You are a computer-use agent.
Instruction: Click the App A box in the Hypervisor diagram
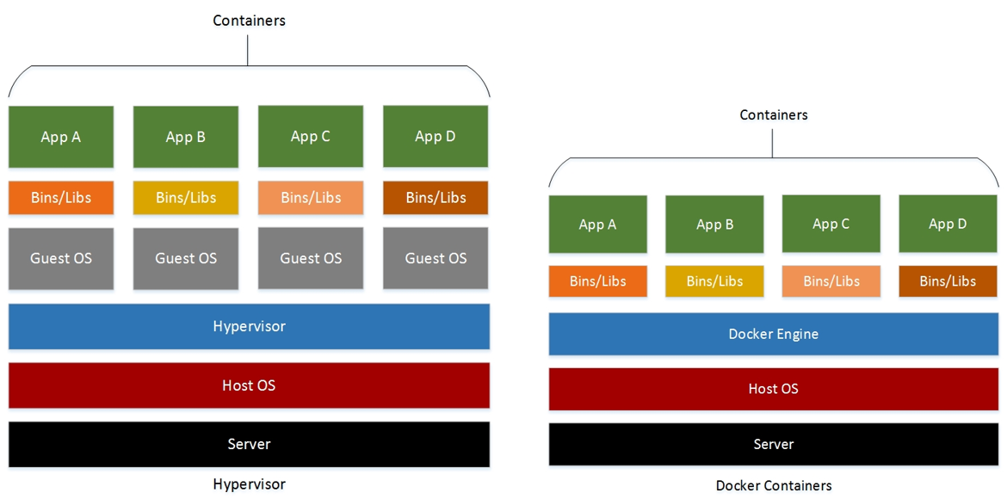(x=61, y=137)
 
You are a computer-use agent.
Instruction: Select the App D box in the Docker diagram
(x=948, y=224)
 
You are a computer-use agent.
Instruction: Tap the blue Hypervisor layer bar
(x=249, y=326)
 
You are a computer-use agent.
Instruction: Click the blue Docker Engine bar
(x=773, y=334)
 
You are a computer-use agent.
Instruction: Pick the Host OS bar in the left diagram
(x=249, y=385)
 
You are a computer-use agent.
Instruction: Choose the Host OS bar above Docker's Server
(x=773, y=389)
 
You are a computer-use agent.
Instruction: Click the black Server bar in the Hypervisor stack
(x=249, y=444)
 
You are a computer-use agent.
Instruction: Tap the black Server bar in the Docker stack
(x=773, y=444)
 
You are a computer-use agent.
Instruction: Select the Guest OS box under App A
(x=61, y=258)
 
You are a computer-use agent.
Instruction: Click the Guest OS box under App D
(x=436, y=258)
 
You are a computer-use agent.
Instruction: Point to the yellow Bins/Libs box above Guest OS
(x=186, y=198)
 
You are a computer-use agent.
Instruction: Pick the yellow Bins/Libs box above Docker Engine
(x=714, y=281)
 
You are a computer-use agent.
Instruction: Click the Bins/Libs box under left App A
(x=61, y=198)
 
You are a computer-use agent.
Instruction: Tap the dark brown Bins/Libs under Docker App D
(x=948, y=281)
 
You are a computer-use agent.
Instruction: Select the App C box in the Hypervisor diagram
(x=311, y=137)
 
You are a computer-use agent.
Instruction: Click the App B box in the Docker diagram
(x=714, y=224)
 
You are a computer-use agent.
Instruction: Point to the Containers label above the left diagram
(x=249, y=21)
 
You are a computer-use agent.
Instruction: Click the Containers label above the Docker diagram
(x=773, y=114)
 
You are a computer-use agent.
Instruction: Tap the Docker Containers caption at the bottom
(x=773, y=485)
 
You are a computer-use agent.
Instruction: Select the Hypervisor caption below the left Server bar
(x=249, y=484)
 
